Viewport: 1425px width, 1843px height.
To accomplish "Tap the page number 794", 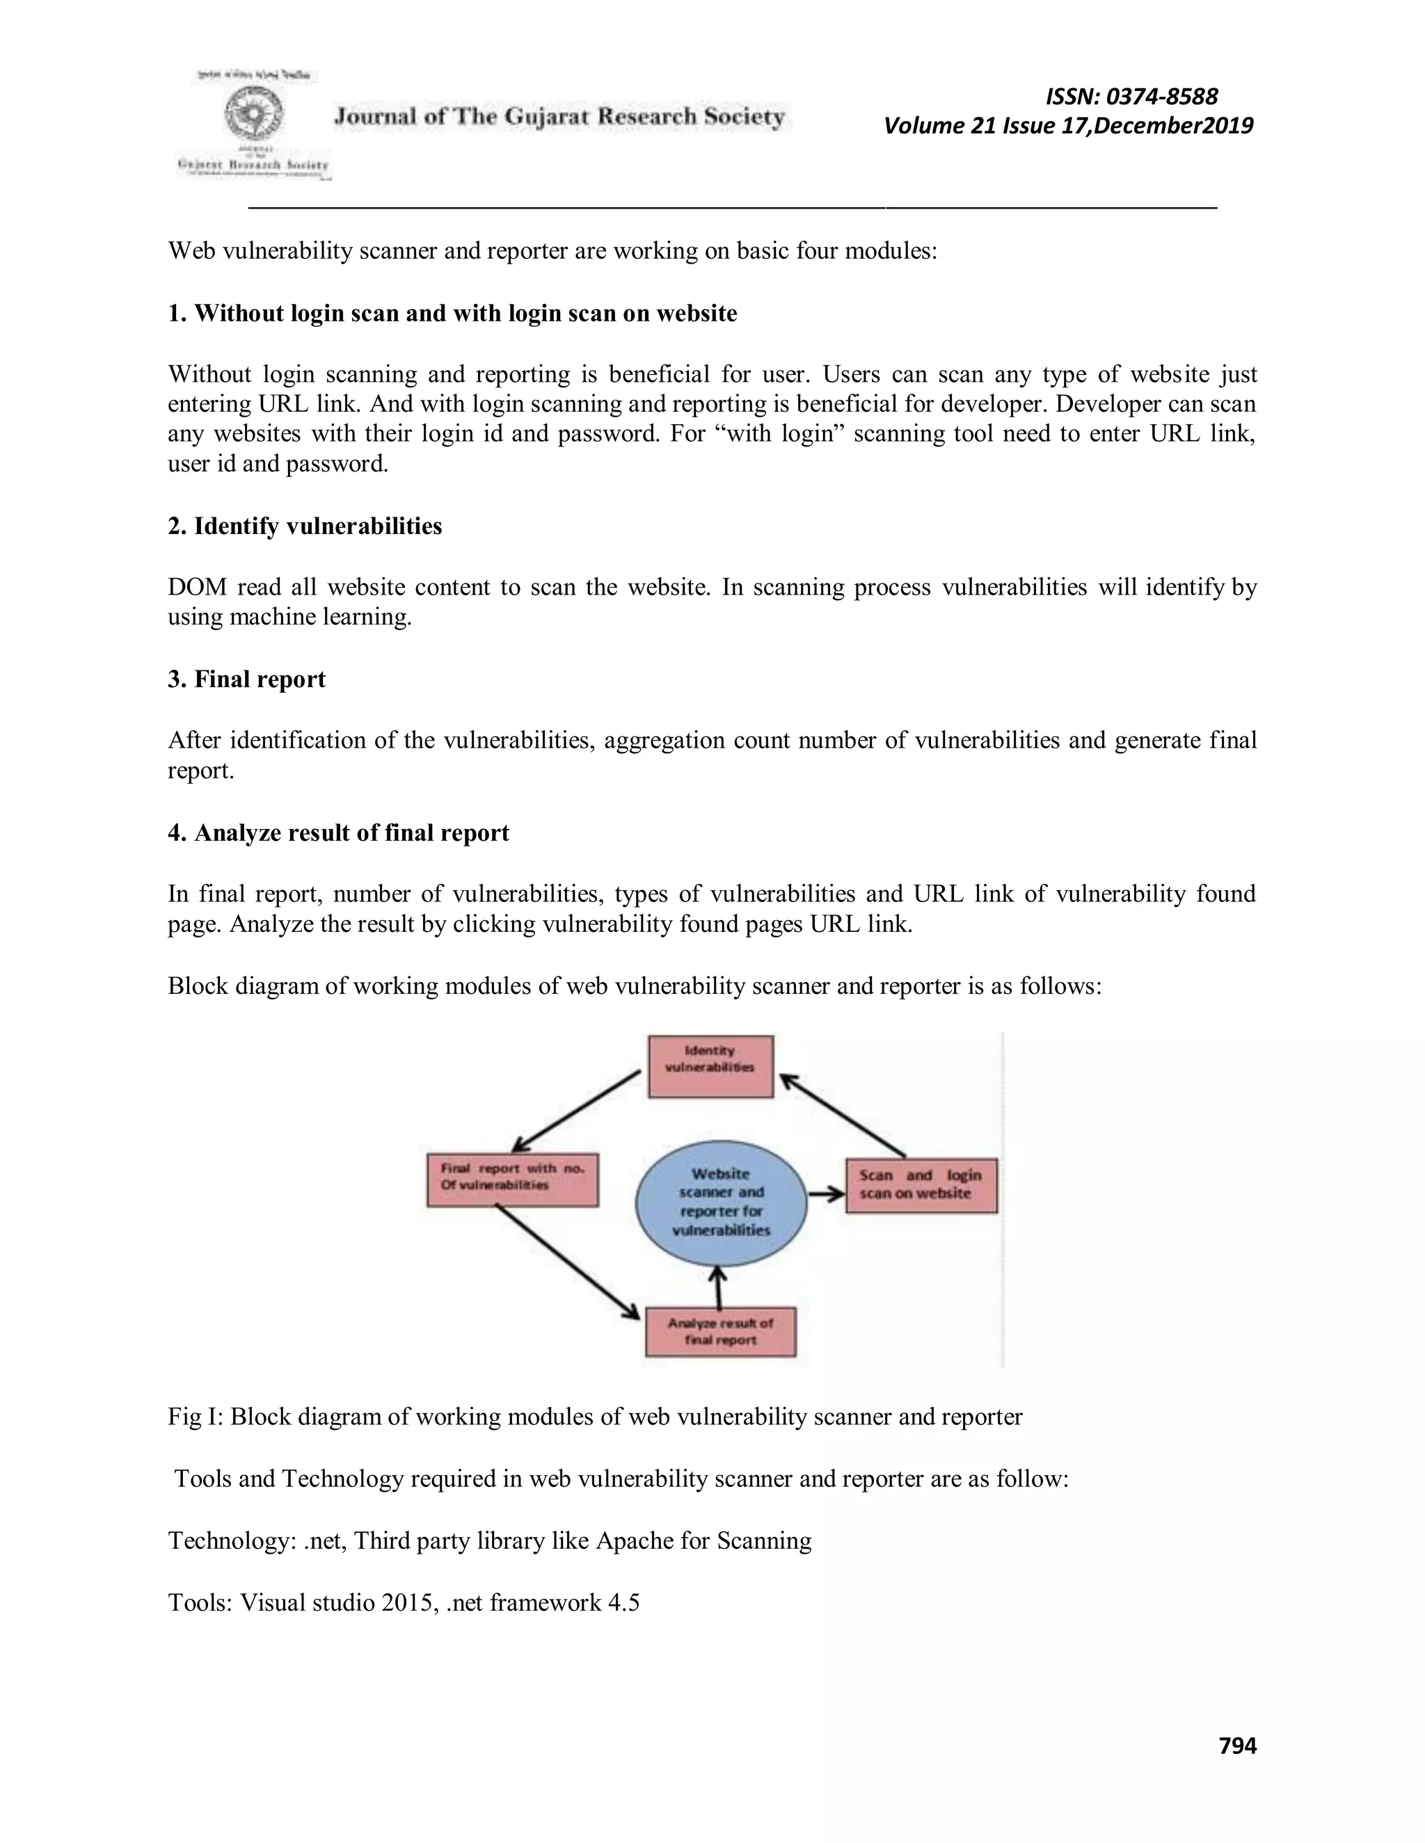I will point(1238,1745).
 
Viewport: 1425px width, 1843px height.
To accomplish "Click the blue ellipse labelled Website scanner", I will point(721,1202).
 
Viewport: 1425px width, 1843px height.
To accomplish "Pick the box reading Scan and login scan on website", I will point(921,1185).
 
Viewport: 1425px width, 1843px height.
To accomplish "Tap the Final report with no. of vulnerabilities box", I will point(512,1178).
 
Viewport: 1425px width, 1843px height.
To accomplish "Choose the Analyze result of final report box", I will point(720,1332).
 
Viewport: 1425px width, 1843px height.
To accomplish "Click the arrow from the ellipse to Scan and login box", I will point(827,1193).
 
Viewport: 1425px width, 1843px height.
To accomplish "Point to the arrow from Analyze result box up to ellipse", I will point(717,1289).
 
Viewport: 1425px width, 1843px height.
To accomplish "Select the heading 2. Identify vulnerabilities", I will point(305,526).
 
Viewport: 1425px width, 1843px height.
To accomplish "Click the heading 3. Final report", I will point(246,679).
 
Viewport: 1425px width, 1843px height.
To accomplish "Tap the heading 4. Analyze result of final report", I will point(339,833).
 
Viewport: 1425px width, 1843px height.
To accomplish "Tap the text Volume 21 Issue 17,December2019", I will point(1068,126).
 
